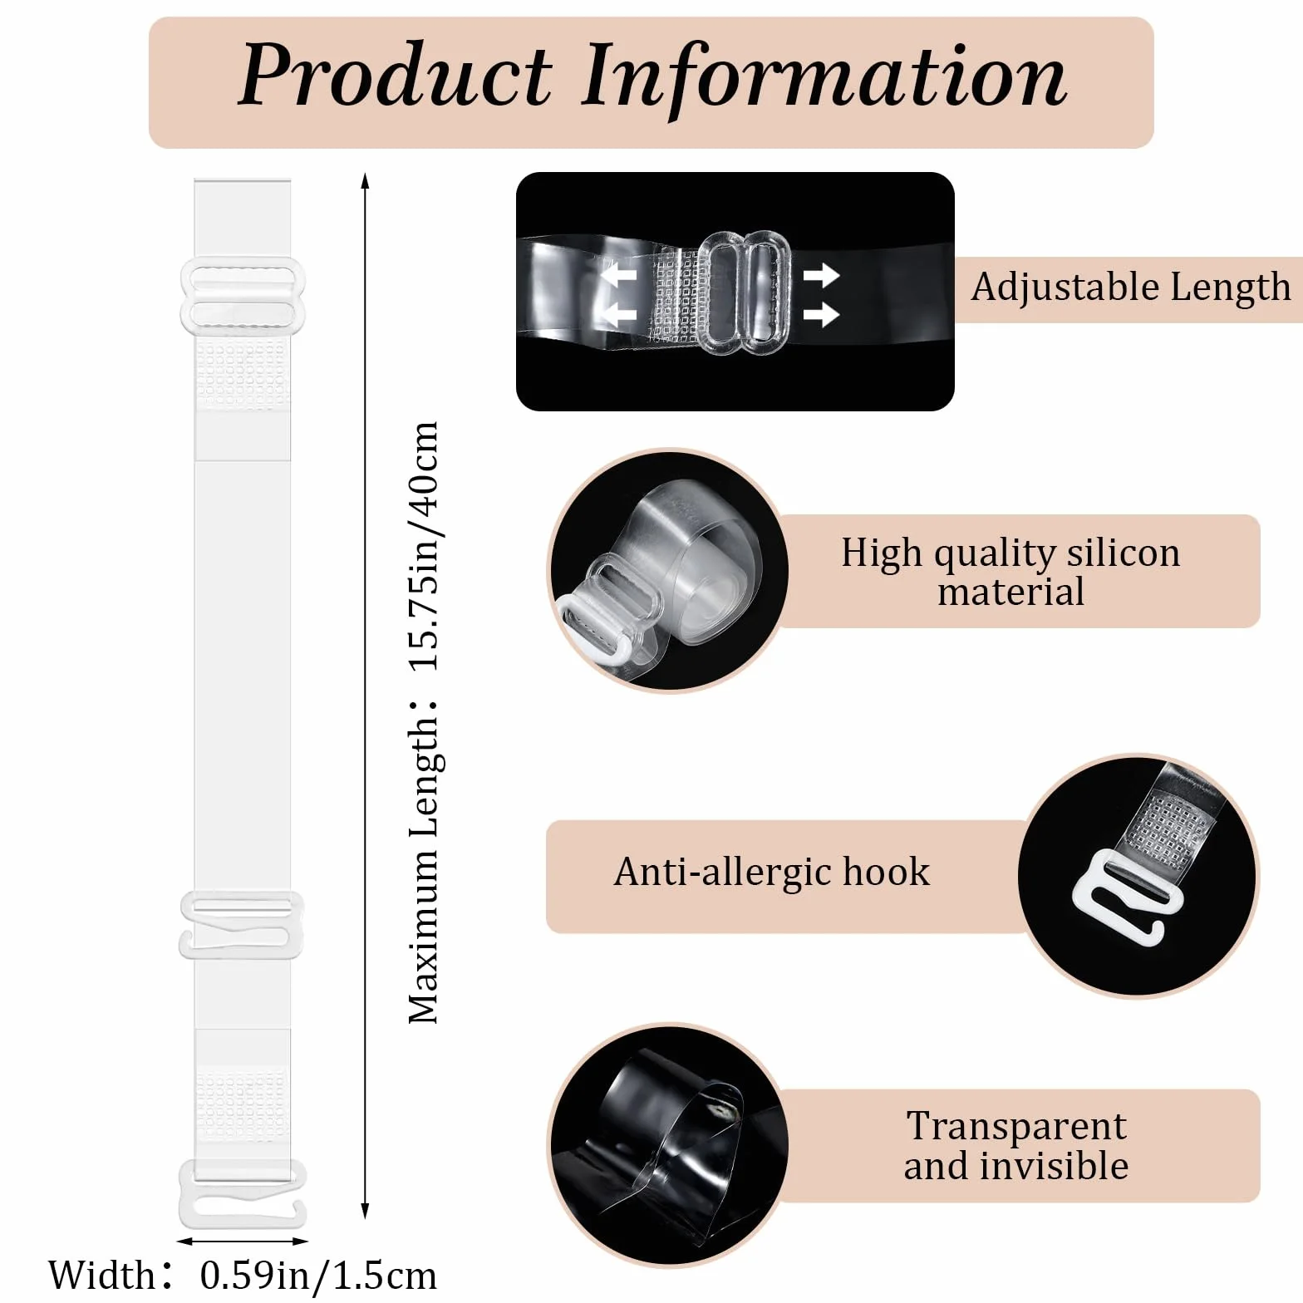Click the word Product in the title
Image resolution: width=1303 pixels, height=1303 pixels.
(395, 76)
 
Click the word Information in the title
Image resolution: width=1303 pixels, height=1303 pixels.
(824, 76)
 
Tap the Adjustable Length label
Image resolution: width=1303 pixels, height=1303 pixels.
(1131, 288)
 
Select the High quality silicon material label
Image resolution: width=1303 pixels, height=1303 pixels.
(1010, 572)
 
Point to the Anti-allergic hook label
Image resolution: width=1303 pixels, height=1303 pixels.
(772, 873)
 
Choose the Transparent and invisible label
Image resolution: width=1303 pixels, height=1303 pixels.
(1016, 1146)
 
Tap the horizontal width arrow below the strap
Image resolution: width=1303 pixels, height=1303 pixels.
(243, 1242)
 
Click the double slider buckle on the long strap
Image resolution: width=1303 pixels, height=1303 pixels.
(242, 296)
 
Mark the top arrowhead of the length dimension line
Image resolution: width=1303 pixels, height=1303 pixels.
(366, 178)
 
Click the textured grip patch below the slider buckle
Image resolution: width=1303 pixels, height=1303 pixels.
(243, 374)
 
